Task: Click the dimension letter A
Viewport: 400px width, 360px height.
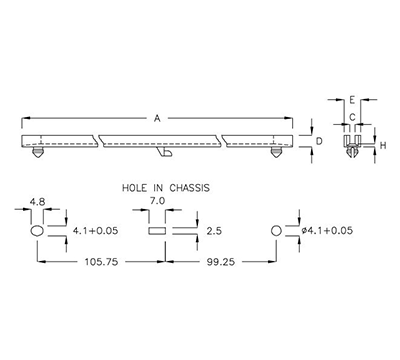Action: [157, 118]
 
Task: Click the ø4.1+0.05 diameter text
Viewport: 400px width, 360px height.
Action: [324, 231]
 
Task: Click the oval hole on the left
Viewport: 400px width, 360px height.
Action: [38, 231]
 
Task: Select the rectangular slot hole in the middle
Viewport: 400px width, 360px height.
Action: [156, 231]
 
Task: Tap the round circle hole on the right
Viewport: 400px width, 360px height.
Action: [276, 231]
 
